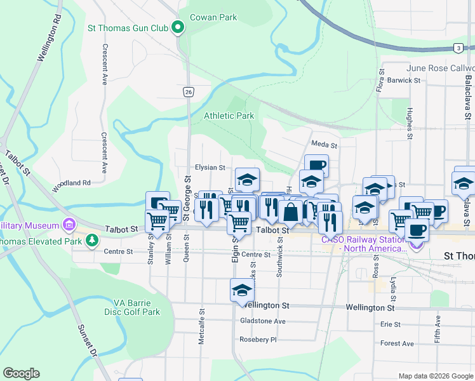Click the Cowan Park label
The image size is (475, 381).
(x=215, y=17)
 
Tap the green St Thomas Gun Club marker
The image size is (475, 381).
(x=178, y=28)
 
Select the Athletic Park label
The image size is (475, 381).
(x=229, y=116)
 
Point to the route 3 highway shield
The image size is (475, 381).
(x=458, y=48)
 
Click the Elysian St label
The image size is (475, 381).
(x=210, y=168)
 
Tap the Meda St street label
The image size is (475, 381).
(x=324, y=145)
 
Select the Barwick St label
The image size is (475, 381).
(x=405, y=81)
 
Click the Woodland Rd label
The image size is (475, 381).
(x=72, y=183)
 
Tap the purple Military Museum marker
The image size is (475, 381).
(x=68, y=225)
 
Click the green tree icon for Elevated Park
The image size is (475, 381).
(x=93, y=240)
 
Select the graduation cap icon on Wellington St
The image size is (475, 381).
(x=241, y=290)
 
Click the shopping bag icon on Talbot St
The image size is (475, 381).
(x=290, y=211)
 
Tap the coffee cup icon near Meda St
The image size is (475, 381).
(x=316, y=166)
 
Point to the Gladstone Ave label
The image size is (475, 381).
(x=263, y=321)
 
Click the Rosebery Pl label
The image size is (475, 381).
(x=258, y=340)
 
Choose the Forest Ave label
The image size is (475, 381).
(x=397, y=344)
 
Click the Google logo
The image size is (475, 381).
(x=21, y=373)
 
